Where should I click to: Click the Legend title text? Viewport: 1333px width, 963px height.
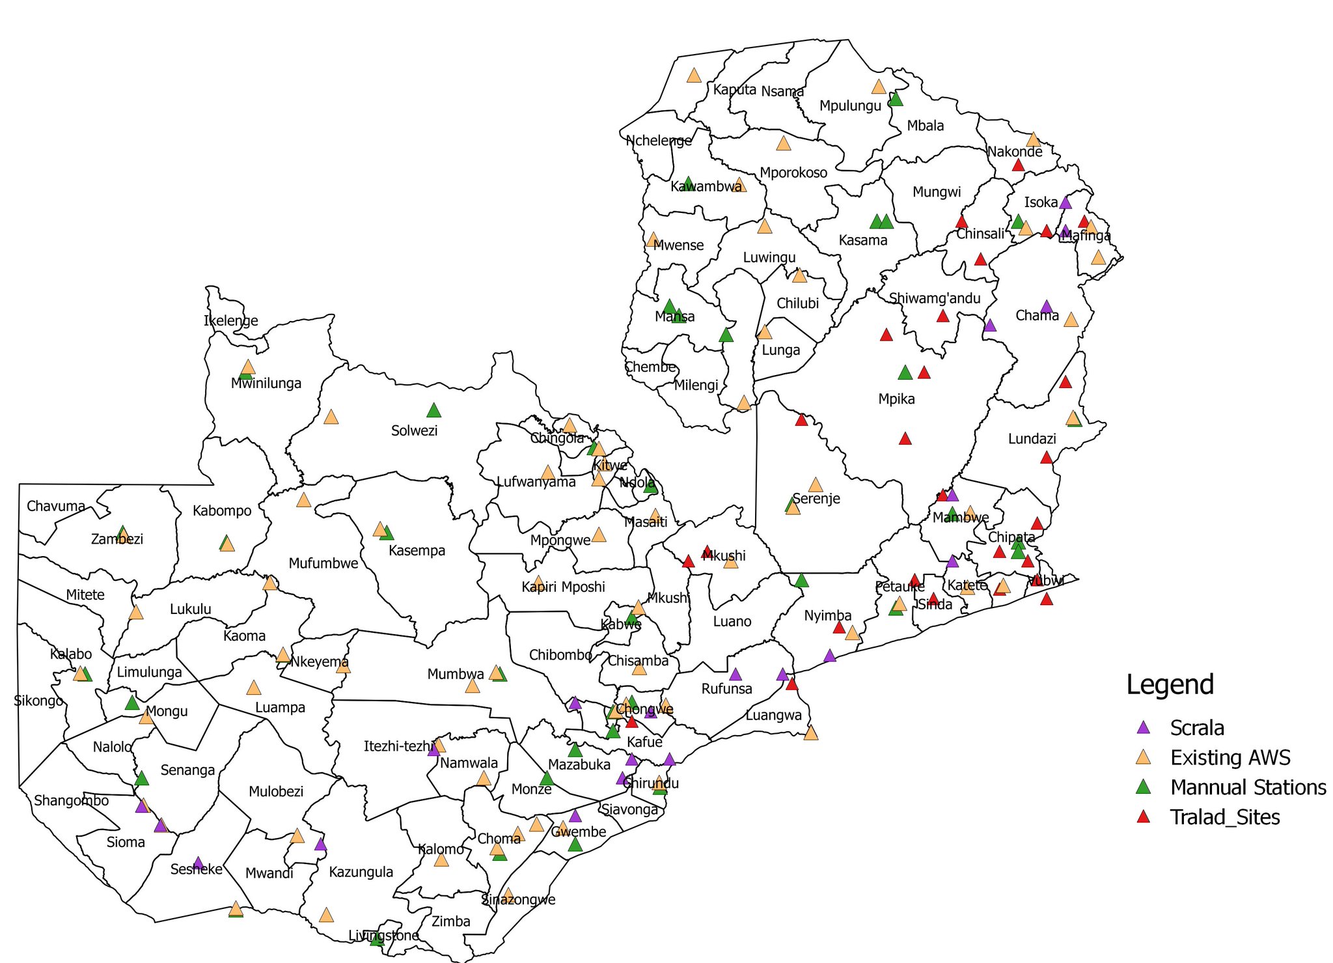click(x=1170, y=685)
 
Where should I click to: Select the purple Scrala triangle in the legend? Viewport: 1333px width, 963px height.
click(x=1143, y=727)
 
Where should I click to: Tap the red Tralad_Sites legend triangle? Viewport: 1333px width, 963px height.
click(x=1143, y=816)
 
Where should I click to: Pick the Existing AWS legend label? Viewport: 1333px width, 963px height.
click(x=1230, y=757)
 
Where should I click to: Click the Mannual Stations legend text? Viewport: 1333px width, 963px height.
click(x=1248, y=787)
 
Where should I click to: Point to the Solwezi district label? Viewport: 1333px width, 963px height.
click(x=414, y=430)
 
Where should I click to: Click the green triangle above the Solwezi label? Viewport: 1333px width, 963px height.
click(x=433, y=410)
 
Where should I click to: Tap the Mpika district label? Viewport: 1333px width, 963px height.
click(x=896, y=399)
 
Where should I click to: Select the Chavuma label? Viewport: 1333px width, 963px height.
click(x=56, y=506)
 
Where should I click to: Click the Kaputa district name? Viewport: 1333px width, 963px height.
click(x=734, y=89)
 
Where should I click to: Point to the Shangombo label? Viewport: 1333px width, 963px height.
click(x=71, y=800)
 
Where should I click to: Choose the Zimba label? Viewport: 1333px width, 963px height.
click(x=450, y=921)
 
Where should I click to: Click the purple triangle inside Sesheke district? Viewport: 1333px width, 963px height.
click(x=199, y=863)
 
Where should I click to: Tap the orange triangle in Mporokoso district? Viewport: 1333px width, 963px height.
click(x=783, y=143)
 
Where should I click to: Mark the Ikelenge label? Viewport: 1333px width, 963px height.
click(x=230, y=320)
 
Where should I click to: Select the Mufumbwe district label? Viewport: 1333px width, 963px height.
click(x=323, y=563)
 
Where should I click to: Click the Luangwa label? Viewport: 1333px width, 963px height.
click(x=773, y=715)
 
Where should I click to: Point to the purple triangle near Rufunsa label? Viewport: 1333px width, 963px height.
click(x=735, y=675)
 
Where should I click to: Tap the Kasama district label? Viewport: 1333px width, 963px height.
click(x=862, y=240)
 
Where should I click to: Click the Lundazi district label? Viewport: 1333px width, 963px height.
click(x=1032, y=438)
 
